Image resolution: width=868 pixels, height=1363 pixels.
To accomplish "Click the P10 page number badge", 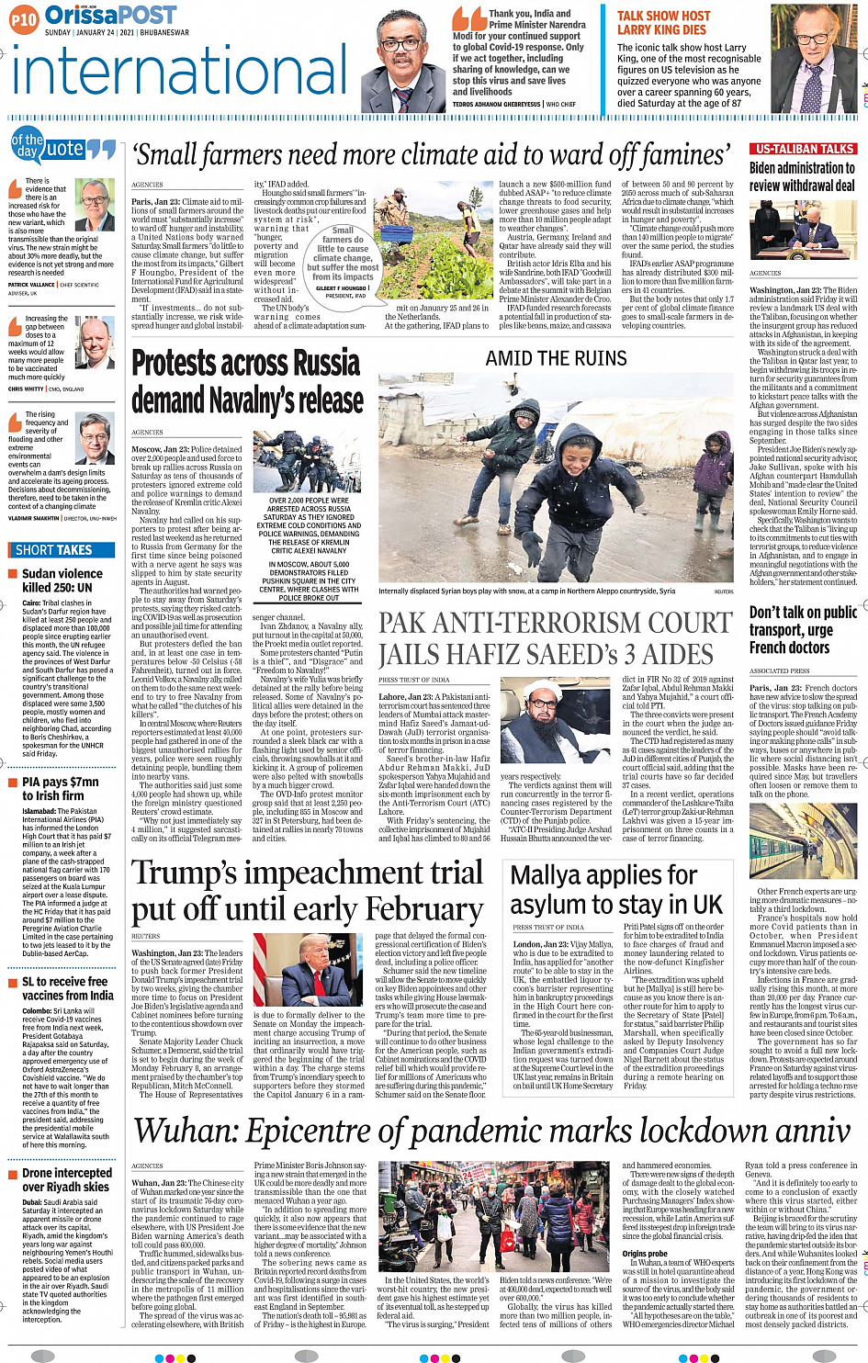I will coord(24,18).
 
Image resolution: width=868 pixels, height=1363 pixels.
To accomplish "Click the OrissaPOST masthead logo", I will coord(110,15).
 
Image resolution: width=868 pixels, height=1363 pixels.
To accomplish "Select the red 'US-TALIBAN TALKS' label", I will coord(803,149).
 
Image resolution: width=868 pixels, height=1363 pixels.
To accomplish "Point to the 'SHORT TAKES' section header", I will coord(54,550).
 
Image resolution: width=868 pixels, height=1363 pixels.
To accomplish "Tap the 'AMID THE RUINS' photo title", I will coord(556,358).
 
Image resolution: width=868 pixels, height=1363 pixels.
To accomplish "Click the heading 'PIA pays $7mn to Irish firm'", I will coord(60,789).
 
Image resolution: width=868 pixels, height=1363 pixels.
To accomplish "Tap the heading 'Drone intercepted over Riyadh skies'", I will coord(66,1180).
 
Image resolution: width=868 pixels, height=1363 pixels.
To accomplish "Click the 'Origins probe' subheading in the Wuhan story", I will coord(645,1254).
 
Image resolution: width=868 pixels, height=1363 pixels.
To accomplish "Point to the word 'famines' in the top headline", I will coord(684,155).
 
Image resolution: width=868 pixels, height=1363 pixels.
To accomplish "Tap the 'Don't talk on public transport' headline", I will coord(803,629).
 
